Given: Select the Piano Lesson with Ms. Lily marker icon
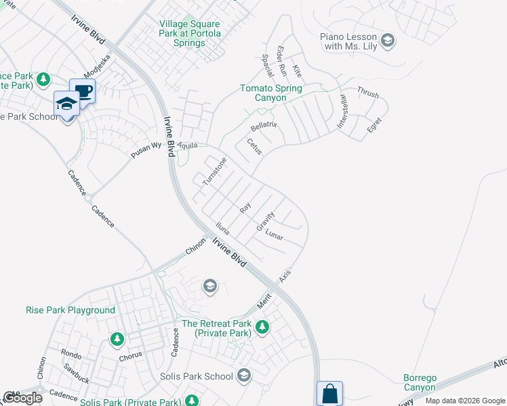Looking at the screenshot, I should point(388,41).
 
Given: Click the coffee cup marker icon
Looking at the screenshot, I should point(83,90).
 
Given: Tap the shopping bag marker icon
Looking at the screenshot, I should point(329,392).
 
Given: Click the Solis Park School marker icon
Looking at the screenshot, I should point(244,376).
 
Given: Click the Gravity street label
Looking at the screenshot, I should point(265,221).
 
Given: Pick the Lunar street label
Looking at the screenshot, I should point(274,235).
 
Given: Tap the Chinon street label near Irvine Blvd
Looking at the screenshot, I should point(195,248).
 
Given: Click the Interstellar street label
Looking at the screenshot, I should point(343,112).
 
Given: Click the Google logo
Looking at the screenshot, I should point(22,398).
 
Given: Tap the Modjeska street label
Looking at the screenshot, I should point(97,66).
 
